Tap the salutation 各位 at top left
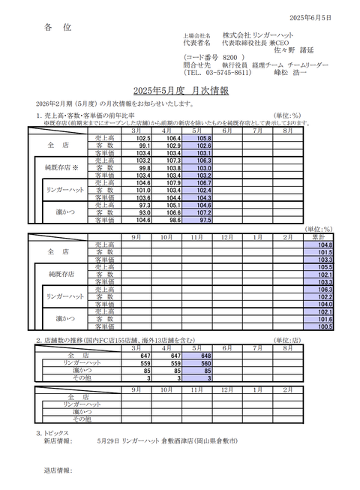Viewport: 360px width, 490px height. (58, 28)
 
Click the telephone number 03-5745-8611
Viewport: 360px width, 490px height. (227, 74)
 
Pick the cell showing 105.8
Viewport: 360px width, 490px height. (203, 139)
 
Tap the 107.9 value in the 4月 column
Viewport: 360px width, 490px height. (173, 182)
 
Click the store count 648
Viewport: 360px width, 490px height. (203, 355)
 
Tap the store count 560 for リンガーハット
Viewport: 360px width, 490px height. (203, 362)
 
